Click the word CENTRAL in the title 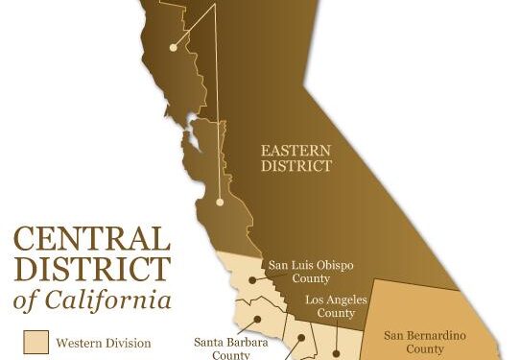[x=91, y=238]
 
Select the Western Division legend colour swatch [x=35, y=342]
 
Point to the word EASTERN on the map [x=296, y=150]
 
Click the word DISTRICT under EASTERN [x=296, y=165]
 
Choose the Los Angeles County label [x=337, y=306]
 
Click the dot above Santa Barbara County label [x=258, y=322]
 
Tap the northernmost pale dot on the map [x=173, y=46]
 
